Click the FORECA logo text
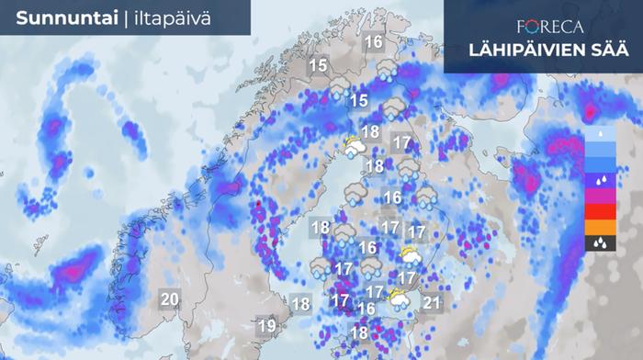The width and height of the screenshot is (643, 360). coord(543,26)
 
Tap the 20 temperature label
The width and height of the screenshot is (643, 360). coord(169,298)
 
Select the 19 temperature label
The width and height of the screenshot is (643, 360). coord(267,325)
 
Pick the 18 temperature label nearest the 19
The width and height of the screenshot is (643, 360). coord(300,304)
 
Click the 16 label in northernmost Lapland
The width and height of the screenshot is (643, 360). coord(373,41)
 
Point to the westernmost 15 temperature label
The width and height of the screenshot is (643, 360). coord(318,65)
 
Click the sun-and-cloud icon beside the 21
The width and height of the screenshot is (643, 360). coord(400,298)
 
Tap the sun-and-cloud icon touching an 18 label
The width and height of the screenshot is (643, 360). coord(353,145)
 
